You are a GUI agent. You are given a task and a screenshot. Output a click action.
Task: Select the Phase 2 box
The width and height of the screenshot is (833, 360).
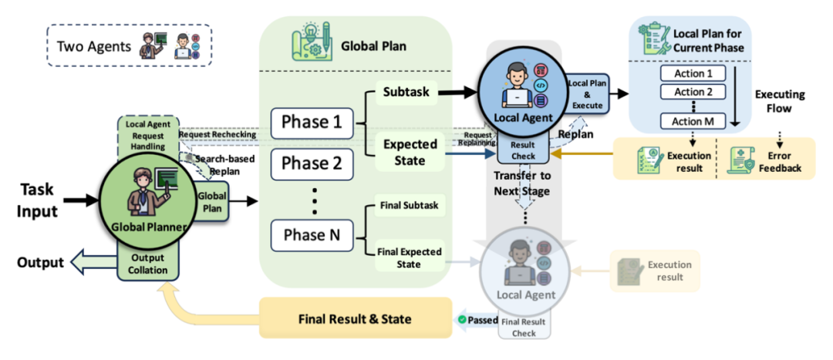pyautogui.click(x=312, y=163)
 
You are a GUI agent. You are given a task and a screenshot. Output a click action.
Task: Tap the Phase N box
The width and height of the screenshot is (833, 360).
pyautogui.click(x=312, y=234)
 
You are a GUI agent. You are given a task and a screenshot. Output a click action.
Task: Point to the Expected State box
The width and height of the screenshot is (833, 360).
pyautogui.click(x=410, y=152)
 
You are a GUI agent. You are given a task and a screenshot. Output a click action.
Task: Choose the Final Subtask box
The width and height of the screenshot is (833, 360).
pyautogui.click(x=410, y=205)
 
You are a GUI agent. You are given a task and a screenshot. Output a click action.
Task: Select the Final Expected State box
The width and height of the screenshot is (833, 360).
pyautogui.click(x=410, y=257)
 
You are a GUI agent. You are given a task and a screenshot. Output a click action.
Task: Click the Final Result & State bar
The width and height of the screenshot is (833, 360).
pyautogui.click(x=355, y=318)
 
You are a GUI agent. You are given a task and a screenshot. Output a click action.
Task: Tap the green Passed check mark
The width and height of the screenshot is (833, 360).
pyautogui.click(x=461, y=318)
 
